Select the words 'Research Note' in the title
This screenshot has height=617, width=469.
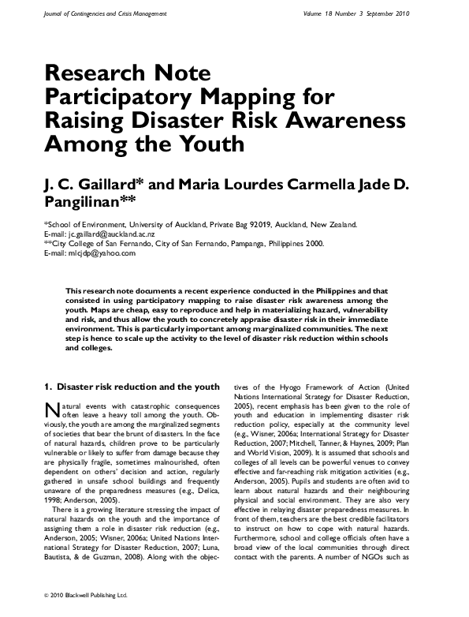(x=128, y=73)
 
